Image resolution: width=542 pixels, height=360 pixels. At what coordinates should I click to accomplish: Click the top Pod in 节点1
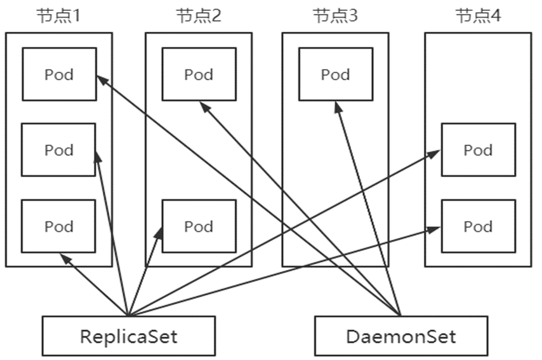pos(59,74)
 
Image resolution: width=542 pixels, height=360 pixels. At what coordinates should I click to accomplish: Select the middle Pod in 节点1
pos(59,150)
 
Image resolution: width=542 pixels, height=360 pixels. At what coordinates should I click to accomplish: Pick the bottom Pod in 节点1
pos(59,226)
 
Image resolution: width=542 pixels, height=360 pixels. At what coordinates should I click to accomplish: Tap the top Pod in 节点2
pos(199,74)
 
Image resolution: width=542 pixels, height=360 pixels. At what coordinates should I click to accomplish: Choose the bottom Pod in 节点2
pos(199,226)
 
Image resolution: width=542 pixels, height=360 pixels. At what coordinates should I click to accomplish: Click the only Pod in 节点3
pos(335,74)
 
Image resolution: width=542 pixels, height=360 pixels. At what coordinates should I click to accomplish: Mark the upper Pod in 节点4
pos(478,150)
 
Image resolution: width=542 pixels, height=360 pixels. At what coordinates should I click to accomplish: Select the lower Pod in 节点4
pos(478,226)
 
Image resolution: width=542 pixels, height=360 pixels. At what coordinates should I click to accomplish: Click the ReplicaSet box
pos(128,335)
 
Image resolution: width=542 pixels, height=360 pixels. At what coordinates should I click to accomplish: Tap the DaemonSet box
pos(401,335)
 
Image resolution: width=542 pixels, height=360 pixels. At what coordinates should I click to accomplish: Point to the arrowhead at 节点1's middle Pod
pos(98,155)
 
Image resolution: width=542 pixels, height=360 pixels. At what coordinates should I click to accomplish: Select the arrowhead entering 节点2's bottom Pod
pos(159,232)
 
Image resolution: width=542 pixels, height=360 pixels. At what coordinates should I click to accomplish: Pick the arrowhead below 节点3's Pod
pos(338,105)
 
